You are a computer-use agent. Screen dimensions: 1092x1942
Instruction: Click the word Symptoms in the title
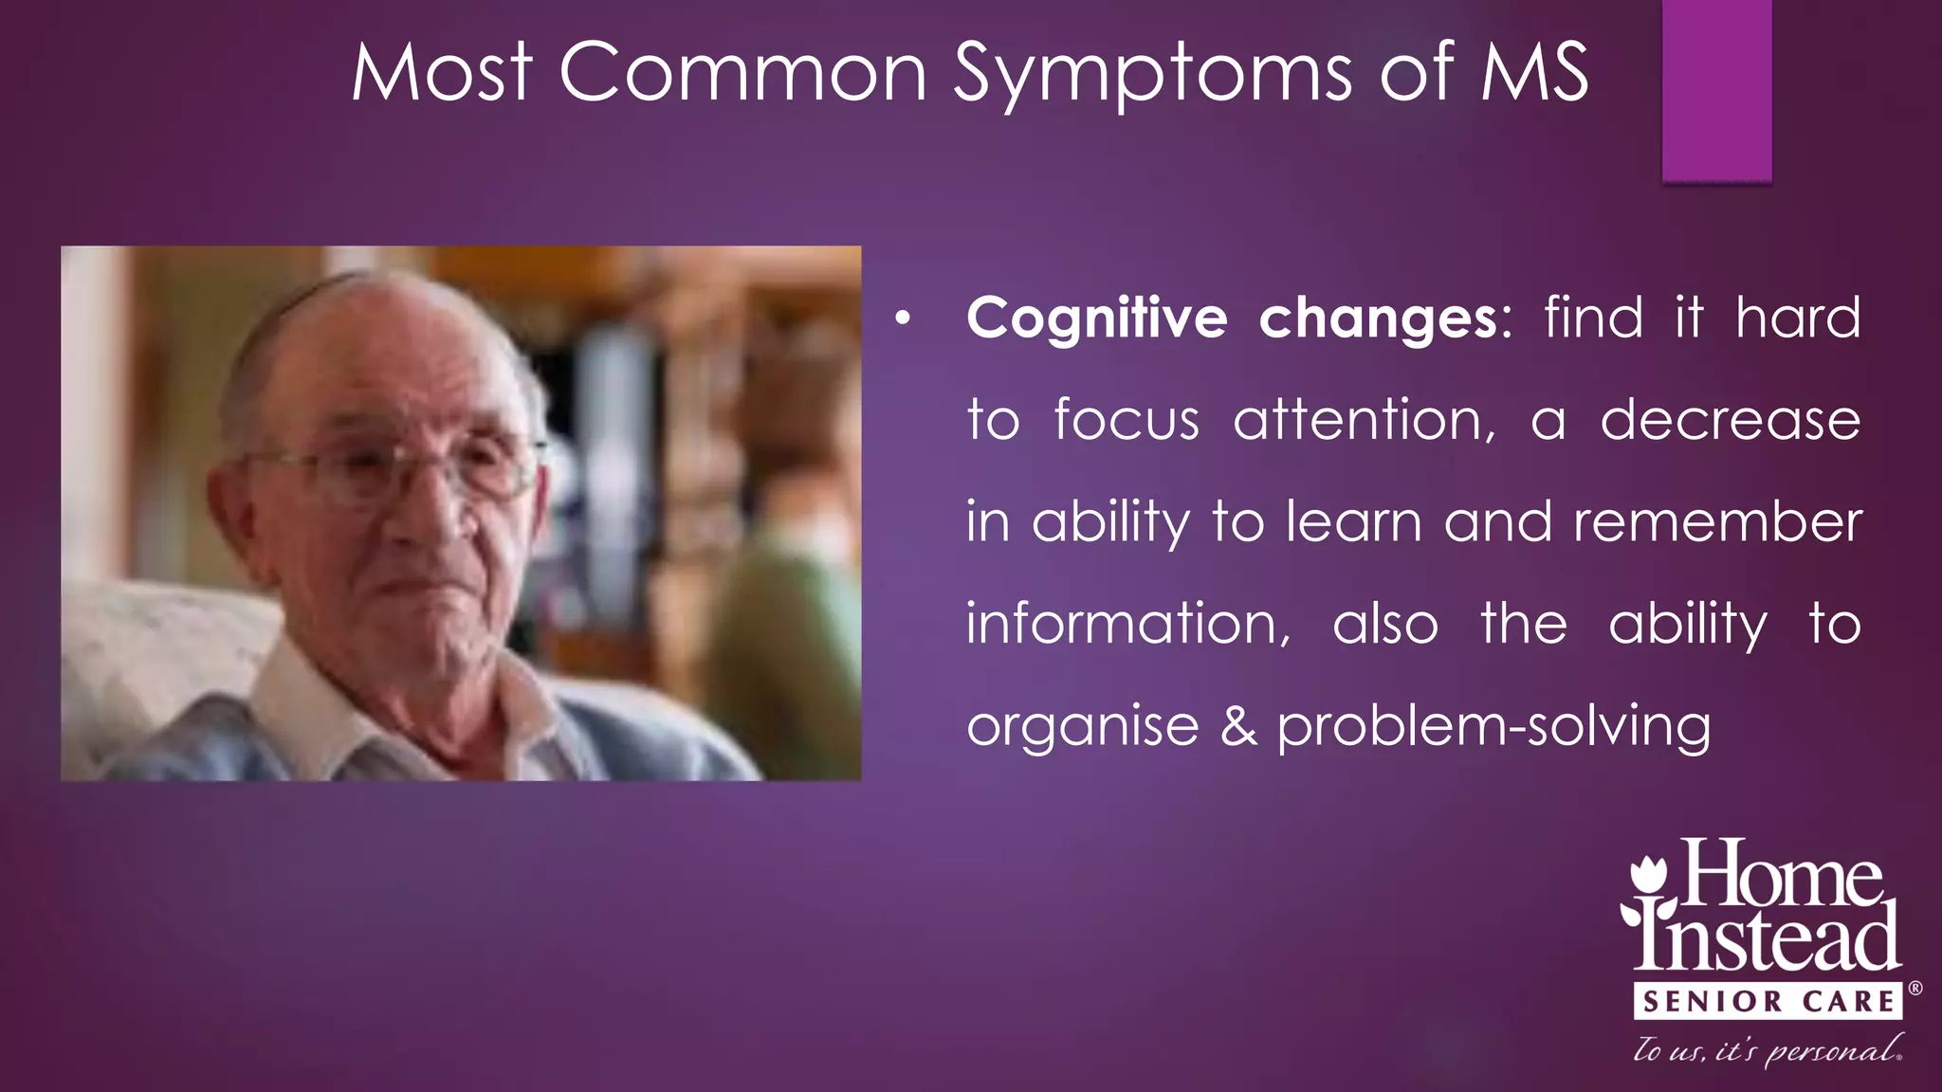(x=1152, y=74)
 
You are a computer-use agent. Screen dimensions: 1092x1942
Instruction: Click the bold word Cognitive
(x=1096, y=318)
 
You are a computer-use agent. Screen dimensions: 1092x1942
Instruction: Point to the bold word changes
(x=1378, y=318)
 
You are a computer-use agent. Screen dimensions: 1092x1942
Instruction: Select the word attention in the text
(x=1364, y=420)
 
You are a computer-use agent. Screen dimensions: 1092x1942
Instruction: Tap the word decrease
(x=1730, y=420)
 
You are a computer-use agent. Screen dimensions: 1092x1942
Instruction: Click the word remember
(x=1717, y=522)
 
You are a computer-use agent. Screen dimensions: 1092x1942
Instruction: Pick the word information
(x=1127, y=624)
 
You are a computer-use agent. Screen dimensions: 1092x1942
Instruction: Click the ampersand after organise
(x=1238, y=726)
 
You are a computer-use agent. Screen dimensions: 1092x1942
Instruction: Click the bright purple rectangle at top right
(x=1716, y=90)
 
